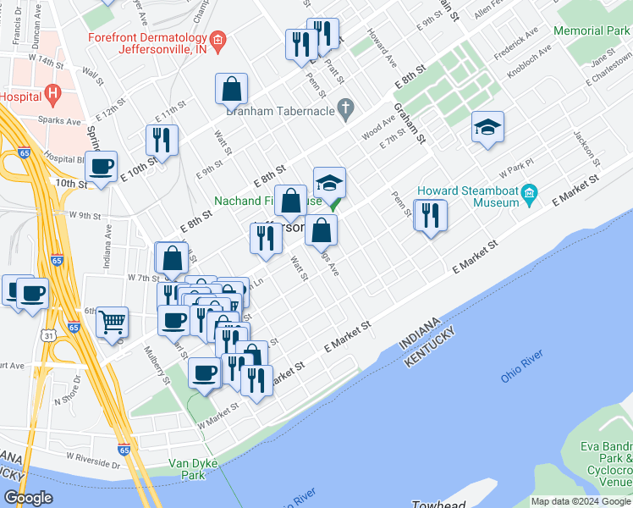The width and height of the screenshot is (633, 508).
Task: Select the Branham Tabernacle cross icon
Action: pos(344,108)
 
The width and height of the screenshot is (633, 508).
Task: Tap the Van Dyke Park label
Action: pos(194,469)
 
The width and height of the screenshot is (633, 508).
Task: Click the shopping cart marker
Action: pos(112,322)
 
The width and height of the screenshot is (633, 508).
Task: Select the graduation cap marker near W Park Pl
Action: pos(487,127)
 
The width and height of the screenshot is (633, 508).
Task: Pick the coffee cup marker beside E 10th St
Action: pos(102,167)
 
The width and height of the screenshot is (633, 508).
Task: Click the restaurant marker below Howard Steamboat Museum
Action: pos(430,215)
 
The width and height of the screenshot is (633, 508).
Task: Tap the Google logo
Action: pos(29,497)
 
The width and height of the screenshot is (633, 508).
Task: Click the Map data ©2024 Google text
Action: pos(580,501)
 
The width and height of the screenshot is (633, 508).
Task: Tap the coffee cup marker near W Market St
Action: pos(204,373)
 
